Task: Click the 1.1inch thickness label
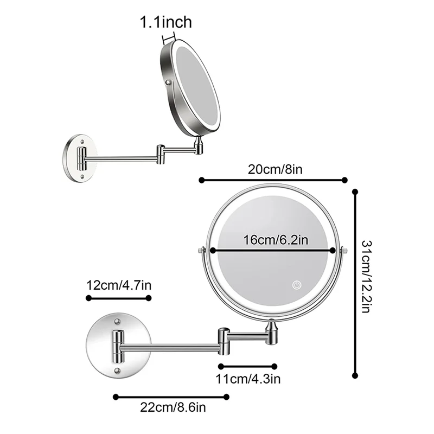point(166,22)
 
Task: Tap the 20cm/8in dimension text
point(275,169)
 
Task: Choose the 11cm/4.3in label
point(248,378)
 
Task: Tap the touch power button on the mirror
point(297,285)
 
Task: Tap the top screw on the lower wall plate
point(117,323)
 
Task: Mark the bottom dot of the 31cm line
point(355,375)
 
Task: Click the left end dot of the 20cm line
point(201,180)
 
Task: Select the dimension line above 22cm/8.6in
point(171,397)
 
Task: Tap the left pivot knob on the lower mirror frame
point(201,251)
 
